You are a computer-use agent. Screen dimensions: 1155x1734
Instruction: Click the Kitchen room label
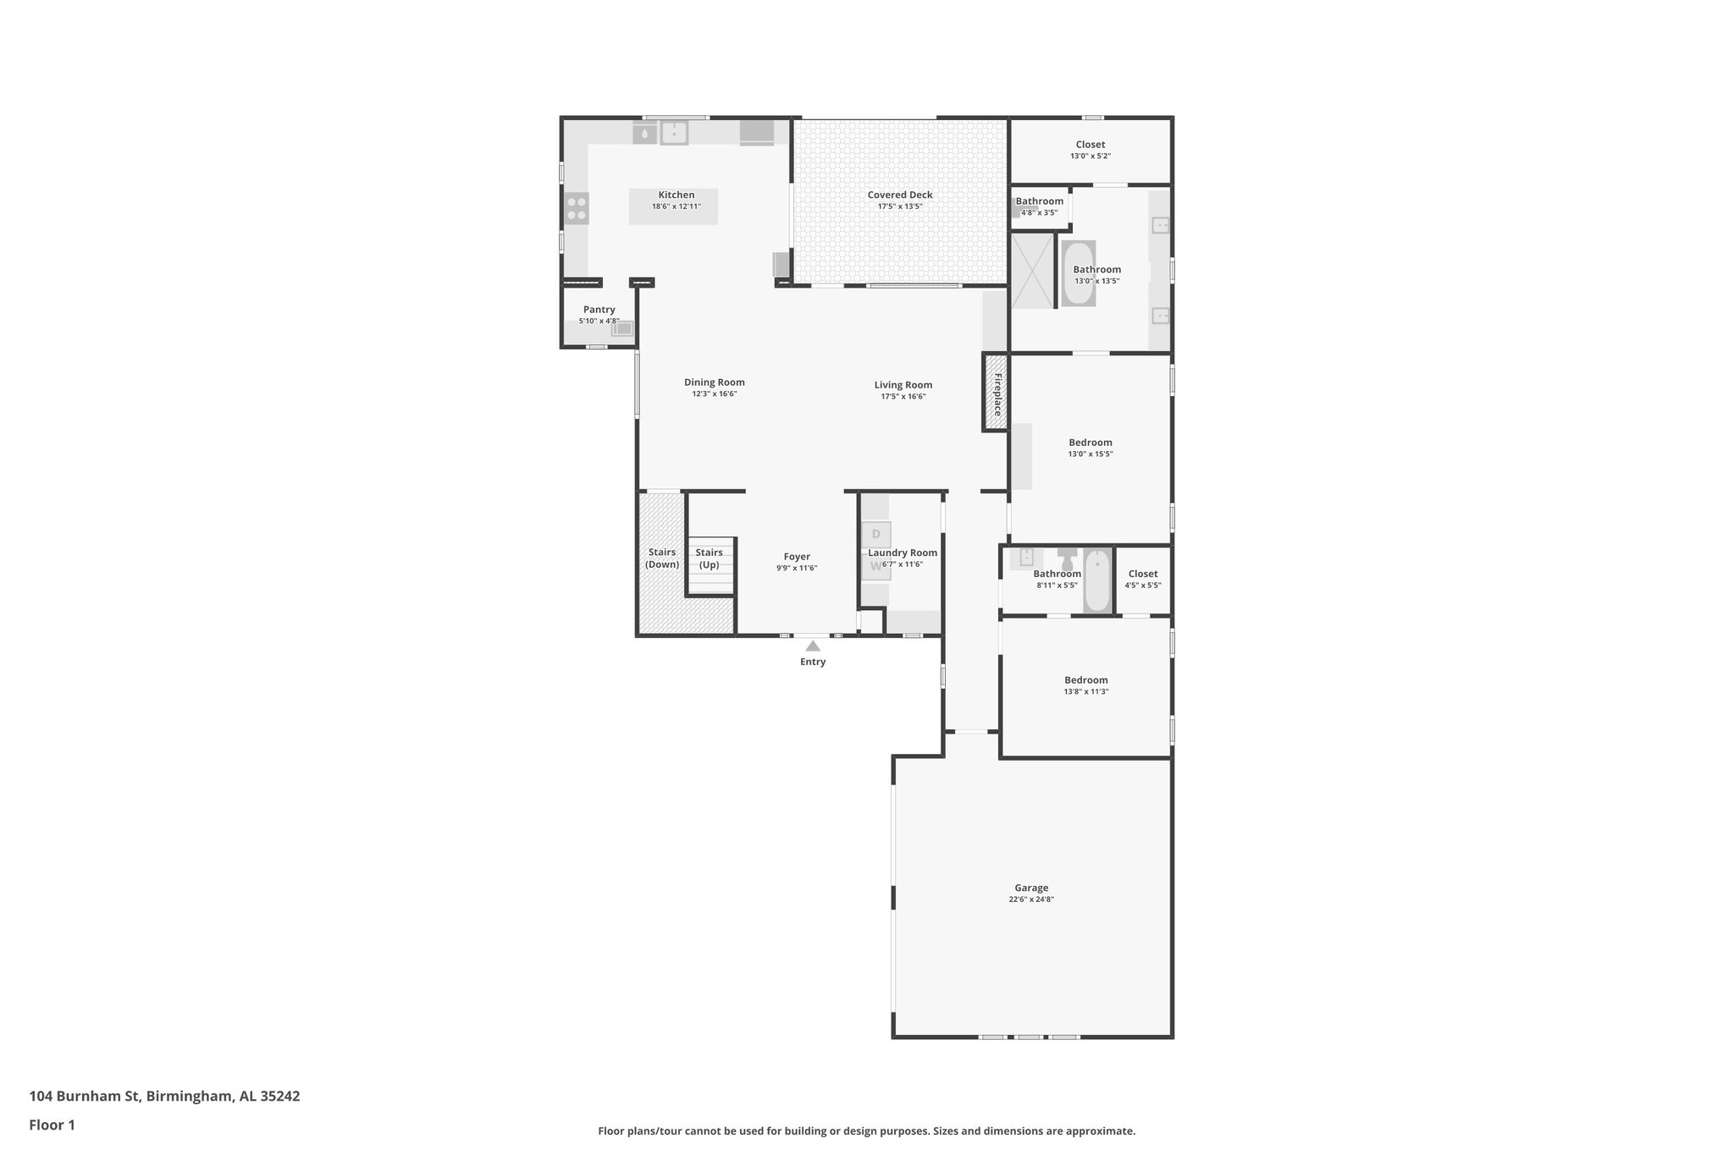(676, 195)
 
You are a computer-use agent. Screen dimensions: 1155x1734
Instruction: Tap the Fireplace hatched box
(996, 393)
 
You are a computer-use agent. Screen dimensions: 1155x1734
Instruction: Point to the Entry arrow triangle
(812, 646)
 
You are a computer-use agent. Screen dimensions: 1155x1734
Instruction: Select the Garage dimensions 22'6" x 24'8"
(1030, 899)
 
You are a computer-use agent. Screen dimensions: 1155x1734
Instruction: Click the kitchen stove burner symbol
(577, 208)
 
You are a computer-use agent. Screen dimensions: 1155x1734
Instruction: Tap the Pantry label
(599, 310)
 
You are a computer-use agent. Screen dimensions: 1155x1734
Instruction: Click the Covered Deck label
(899, 195)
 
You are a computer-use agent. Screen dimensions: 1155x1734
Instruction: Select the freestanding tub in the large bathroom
(1078, 273)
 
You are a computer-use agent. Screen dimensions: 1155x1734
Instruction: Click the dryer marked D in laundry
(875, 534)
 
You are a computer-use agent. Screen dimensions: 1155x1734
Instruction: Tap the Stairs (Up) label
(709, 558)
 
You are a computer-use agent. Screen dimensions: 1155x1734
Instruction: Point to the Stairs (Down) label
(661, 558)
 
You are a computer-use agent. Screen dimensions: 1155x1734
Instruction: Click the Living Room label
(903, 385)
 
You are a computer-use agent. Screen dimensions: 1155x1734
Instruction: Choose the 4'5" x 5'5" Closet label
(1142, 574)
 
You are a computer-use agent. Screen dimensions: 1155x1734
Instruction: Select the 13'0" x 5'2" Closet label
(1090, 145)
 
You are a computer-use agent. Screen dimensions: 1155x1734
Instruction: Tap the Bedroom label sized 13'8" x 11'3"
(1085, 680)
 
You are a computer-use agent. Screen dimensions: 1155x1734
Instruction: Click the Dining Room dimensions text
(714, 394)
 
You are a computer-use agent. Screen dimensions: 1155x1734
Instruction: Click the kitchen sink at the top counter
(674, 134)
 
